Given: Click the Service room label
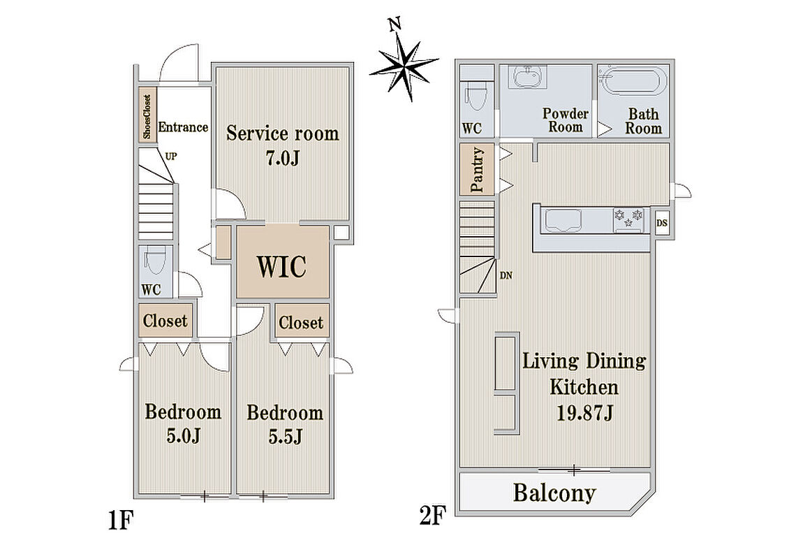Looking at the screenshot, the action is tap(282, 134).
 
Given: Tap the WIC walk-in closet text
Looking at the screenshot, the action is tap(282, 266).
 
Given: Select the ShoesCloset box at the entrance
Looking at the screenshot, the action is tap(147, 116).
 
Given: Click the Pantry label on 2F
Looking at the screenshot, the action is tap(477, 170).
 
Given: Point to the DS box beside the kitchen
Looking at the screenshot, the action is tap(662, 222).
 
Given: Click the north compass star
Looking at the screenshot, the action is tap(404, 63).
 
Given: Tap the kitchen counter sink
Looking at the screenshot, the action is tap(563, 221).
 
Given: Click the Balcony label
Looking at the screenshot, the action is tap(554, 493).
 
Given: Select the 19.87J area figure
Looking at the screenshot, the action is tap(584, 414).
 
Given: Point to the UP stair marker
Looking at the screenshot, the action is tap(171, 157).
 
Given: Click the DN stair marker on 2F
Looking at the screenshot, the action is tap(506, 275).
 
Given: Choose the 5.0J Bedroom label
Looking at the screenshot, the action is tap(183, 424).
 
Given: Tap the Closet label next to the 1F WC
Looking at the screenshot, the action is tap(165, 320).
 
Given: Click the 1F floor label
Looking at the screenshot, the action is tap(121, 521).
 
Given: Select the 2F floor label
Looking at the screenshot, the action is tap(433, 516).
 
